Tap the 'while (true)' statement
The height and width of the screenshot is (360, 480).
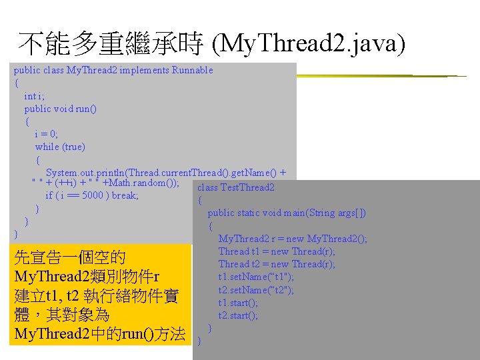[60, 147]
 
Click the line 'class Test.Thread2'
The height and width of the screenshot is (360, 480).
[236, 187]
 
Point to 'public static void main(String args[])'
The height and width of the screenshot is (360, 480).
[287, 213]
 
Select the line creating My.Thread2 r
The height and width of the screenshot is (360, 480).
[293, 239]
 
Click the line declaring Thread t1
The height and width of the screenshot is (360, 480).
[277, 251]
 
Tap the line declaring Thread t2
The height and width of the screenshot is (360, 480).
[277, 264]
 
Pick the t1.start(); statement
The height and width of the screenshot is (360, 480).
[238, 303]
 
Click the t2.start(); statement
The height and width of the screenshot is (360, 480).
[238, 315]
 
